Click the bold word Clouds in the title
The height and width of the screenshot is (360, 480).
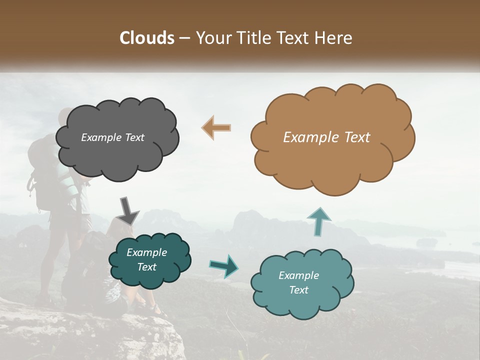pos(147,38)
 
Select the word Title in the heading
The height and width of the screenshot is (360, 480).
pos(253,38)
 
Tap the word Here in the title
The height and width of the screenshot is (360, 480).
pos(335,38)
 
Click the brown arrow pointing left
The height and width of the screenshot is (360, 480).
pos(216,127)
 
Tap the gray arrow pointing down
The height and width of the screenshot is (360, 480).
pos(128,210)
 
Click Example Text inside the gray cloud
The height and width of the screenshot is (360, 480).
pos(112,137)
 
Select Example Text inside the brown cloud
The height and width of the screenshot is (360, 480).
pos(326,137)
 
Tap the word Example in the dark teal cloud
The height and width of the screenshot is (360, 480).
pos(146,252)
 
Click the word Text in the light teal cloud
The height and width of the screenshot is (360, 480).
pos(298,290)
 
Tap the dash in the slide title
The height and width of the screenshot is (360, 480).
pos(183,38)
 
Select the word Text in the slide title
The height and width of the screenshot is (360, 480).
pos(294,38)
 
